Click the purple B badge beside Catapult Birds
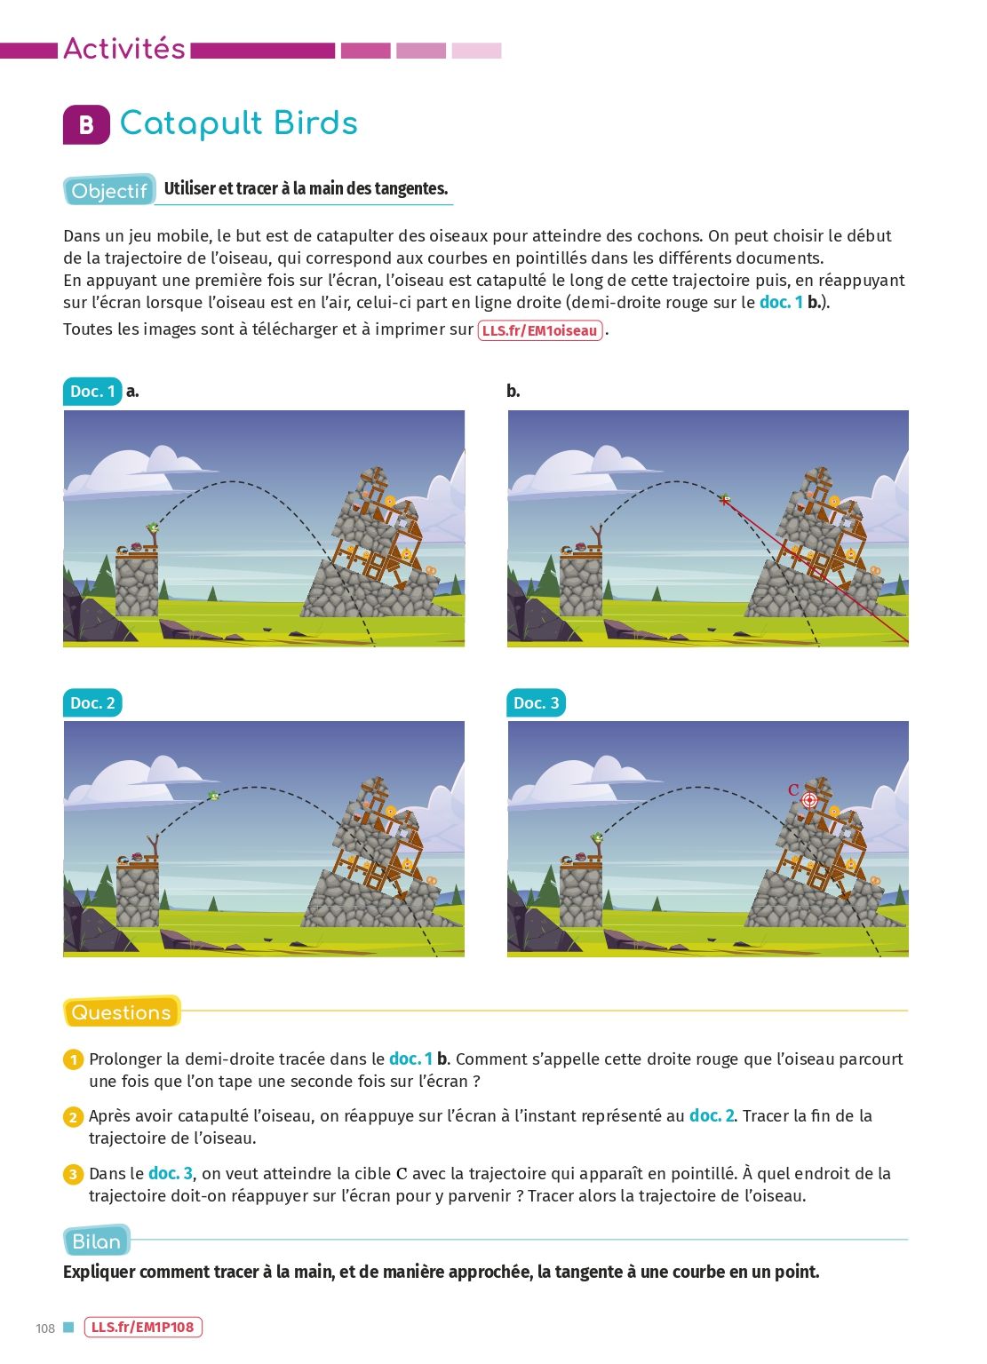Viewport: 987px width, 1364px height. [x=86, y=125]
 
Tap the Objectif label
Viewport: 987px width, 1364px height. [x=109, y=191]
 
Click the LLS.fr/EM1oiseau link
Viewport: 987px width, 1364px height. [x=540, y=330]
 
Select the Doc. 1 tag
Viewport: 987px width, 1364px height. [x=92, y=392]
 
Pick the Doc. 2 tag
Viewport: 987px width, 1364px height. [x=92, y=703]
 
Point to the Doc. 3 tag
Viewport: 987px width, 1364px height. [x=537, y=703]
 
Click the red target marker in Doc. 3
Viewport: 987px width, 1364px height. [x=809, y=800]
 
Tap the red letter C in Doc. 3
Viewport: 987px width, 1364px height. [x=792, y=789]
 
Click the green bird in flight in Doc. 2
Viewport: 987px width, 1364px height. [x=213, y=796]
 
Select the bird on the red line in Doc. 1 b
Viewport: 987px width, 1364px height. [x=724, y=499]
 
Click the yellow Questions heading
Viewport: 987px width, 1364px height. [x=121, y=1012]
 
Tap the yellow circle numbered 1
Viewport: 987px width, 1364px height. [x=73, y=1060]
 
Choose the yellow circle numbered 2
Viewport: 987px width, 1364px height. [x=73, y=1117]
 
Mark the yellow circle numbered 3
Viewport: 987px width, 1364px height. [x=73, y=1174]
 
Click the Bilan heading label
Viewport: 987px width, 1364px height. [x=96, y=1241]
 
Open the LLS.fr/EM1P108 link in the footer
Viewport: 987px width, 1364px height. [x=143, y=1327]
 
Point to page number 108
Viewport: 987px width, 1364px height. [x=45, y=1328]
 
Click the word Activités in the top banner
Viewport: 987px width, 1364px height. [x=124, y=49]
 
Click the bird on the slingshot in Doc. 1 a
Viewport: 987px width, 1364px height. [x=152, y=528]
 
